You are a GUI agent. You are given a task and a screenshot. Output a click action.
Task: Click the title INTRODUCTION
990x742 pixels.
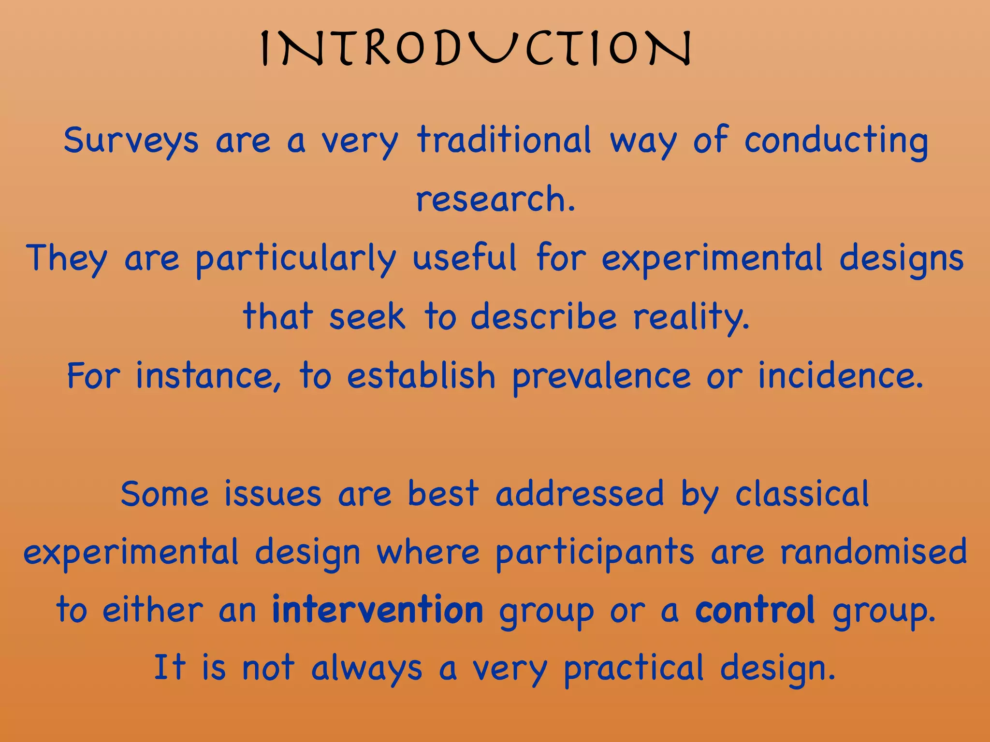tap(476, 48)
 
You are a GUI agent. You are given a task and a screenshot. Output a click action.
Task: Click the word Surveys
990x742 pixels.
tap(131, 141)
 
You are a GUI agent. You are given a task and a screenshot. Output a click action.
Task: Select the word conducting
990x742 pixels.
tap(836, 141)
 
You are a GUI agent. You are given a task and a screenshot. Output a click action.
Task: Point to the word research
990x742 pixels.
tap(495, 199)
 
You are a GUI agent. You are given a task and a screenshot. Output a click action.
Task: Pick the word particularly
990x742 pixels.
tap(296, 259)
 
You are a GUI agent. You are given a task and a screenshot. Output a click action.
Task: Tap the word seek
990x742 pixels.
tap(367, 317)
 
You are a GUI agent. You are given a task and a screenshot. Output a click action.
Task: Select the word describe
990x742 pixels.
tap(544, 317)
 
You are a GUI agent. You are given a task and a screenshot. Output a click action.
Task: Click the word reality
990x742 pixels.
tap(691, 318)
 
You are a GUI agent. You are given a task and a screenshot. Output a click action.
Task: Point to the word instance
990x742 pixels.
tap(208, 376)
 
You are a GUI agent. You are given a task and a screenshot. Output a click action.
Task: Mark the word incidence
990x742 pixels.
tap(841, 376)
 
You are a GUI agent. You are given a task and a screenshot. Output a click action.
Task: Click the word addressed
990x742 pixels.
tap(580, 494)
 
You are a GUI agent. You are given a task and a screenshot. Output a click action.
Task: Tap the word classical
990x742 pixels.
tap(802, 494)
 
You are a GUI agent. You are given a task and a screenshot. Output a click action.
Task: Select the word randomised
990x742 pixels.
tap(874, 552)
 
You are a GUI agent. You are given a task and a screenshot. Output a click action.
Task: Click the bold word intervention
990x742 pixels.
tap(378, 610)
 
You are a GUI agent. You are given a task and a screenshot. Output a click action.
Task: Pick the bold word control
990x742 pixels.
tap(755, 610)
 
